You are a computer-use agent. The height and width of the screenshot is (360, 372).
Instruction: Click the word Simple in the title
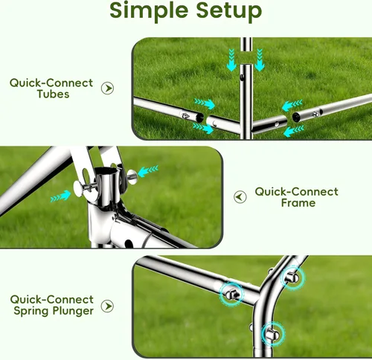(x=150, y=10)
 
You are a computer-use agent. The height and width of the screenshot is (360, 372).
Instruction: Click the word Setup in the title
(x=229, y=10)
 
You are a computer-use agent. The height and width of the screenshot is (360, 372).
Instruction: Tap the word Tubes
(x=53, y=94)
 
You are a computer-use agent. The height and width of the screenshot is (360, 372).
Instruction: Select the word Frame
(x=298, y=203)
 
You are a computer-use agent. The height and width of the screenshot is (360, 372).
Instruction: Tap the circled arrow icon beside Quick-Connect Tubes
(x=107, y=89)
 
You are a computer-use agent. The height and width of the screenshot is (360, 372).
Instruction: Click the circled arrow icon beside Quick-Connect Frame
(x=240, y=197)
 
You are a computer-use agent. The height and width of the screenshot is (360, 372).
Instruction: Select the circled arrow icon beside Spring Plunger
(x=107, y=306)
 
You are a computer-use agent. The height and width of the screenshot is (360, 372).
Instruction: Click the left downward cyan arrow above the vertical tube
(x=231, y=60)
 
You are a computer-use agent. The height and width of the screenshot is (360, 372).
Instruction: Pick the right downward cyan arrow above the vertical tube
(x=260, y=60)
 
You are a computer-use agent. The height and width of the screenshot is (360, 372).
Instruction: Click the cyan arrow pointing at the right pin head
(x=148, y=171)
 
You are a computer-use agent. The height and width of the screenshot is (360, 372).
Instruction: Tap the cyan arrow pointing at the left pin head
(x=61, y=196)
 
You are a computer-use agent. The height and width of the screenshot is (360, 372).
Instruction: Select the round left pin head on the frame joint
(x=78, y=188)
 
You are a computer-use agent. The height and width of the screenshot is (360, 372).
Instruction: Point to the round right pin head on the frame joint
(x=132, y=176)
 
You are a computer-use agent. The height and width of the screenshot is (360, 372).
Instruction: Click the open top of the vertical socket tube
(x=106, y=171)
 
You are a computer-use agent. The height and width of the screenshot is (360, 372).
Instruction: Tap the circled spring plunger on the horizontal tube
(x=231, y=294)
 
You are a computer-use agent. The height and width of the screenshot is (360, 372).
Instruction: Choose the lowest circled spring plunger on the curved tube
(x=272, y=334)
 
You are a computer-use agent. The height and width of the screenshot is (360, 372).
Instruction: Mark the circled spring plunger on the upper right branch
(x=292, y=278)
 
